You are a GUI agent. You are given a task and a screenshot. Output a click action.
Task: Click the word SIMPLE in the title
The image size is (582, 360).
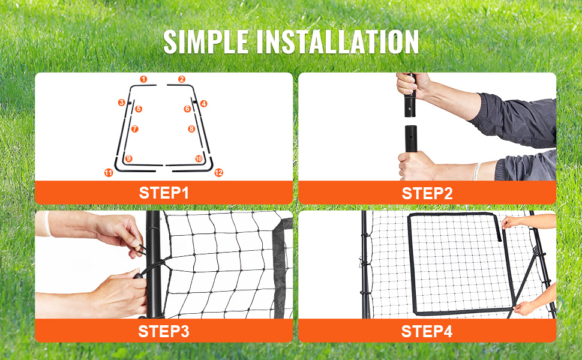[206, 42]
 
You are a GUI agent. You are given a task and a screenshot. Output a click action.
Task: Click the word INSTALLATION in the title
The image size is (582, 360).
[338, 42]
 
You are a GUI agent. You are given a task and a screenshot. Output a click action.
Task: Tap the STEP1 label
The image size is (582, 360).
[164, 193]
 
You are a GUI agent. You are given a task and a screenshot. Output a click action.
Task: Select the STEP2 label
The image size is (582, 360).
[427, 193]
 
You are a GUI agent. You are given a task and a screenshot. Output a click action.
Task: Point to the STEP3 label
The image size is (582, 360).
[164, 331]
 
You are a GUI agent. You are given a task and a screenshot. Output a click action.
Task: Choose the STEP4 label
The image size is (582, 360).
[427, 331]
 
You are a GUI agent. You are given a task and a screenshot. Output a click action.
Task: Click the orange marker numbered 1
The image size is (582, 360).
[143, 79]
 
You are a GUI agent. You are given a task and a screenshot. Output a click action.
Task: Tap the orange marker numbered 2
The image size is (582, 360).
[182, 79]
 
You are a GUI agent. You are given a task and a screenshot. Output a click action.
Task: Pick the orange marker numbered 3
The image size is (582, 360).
[121, 103]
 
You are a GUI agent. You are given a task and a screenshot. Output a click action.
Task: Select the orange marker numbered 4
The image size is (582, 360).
[204, 104]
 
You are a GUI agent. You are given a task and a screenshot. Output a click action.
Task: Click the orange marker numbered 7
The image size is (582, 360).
[135, 129]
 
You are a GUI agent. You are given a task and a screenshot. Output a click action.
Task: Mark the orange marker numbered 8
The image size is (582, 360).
[191, 129]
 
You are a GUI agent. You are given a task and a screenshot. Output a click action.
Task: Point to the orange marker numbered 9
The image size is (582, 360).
[129, 158]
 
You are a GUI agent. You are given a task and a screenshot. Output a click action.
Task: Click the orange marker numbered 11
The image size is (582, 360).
[109, 173]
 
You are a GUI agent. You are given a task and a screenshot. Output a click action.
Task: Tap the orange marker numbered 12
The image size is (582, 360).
[218, 173]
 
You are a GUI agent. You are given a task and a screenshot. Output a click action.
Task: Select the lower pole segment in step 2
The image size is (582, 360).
[410, 139]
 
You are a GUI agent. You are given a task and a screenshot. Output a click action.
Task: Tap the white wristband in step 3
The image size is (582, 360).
[47, 224]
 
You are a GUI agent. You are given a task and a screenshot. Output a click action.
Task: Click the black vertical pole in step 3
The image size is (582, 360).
[154, 264]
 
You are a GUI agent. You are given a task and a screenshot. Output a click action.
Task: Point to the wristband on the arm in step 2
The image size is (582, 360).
[476, 172]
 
